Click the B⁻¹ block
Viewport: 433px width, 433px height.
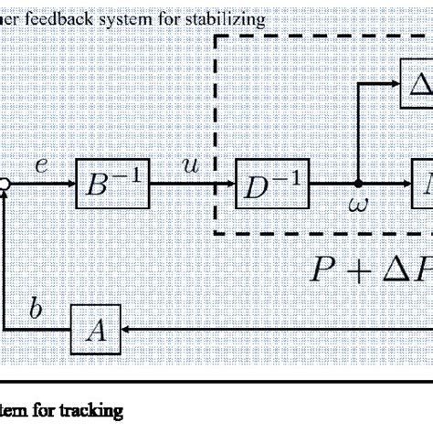pos(112,185)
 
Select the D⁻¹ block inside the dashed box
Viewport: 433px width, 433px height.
pos(272,185)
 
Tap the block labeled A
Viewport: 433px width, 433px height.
pos(95,330)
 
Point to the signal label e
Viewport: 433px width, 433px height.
pos(41,166)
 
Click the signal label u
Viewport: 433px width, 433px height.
pos(190,166)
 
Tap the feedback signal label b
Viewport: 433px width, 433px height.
pos(36,310)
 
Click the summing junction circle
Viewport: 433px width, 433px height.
pos(5,185)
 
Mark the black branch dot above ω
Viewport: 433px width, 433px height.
pos(358,185)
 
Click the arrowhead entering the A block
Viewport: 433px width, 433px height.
pos(125,330)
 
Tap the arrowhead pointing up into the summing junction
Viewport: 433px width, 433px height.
pos(5,198)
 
